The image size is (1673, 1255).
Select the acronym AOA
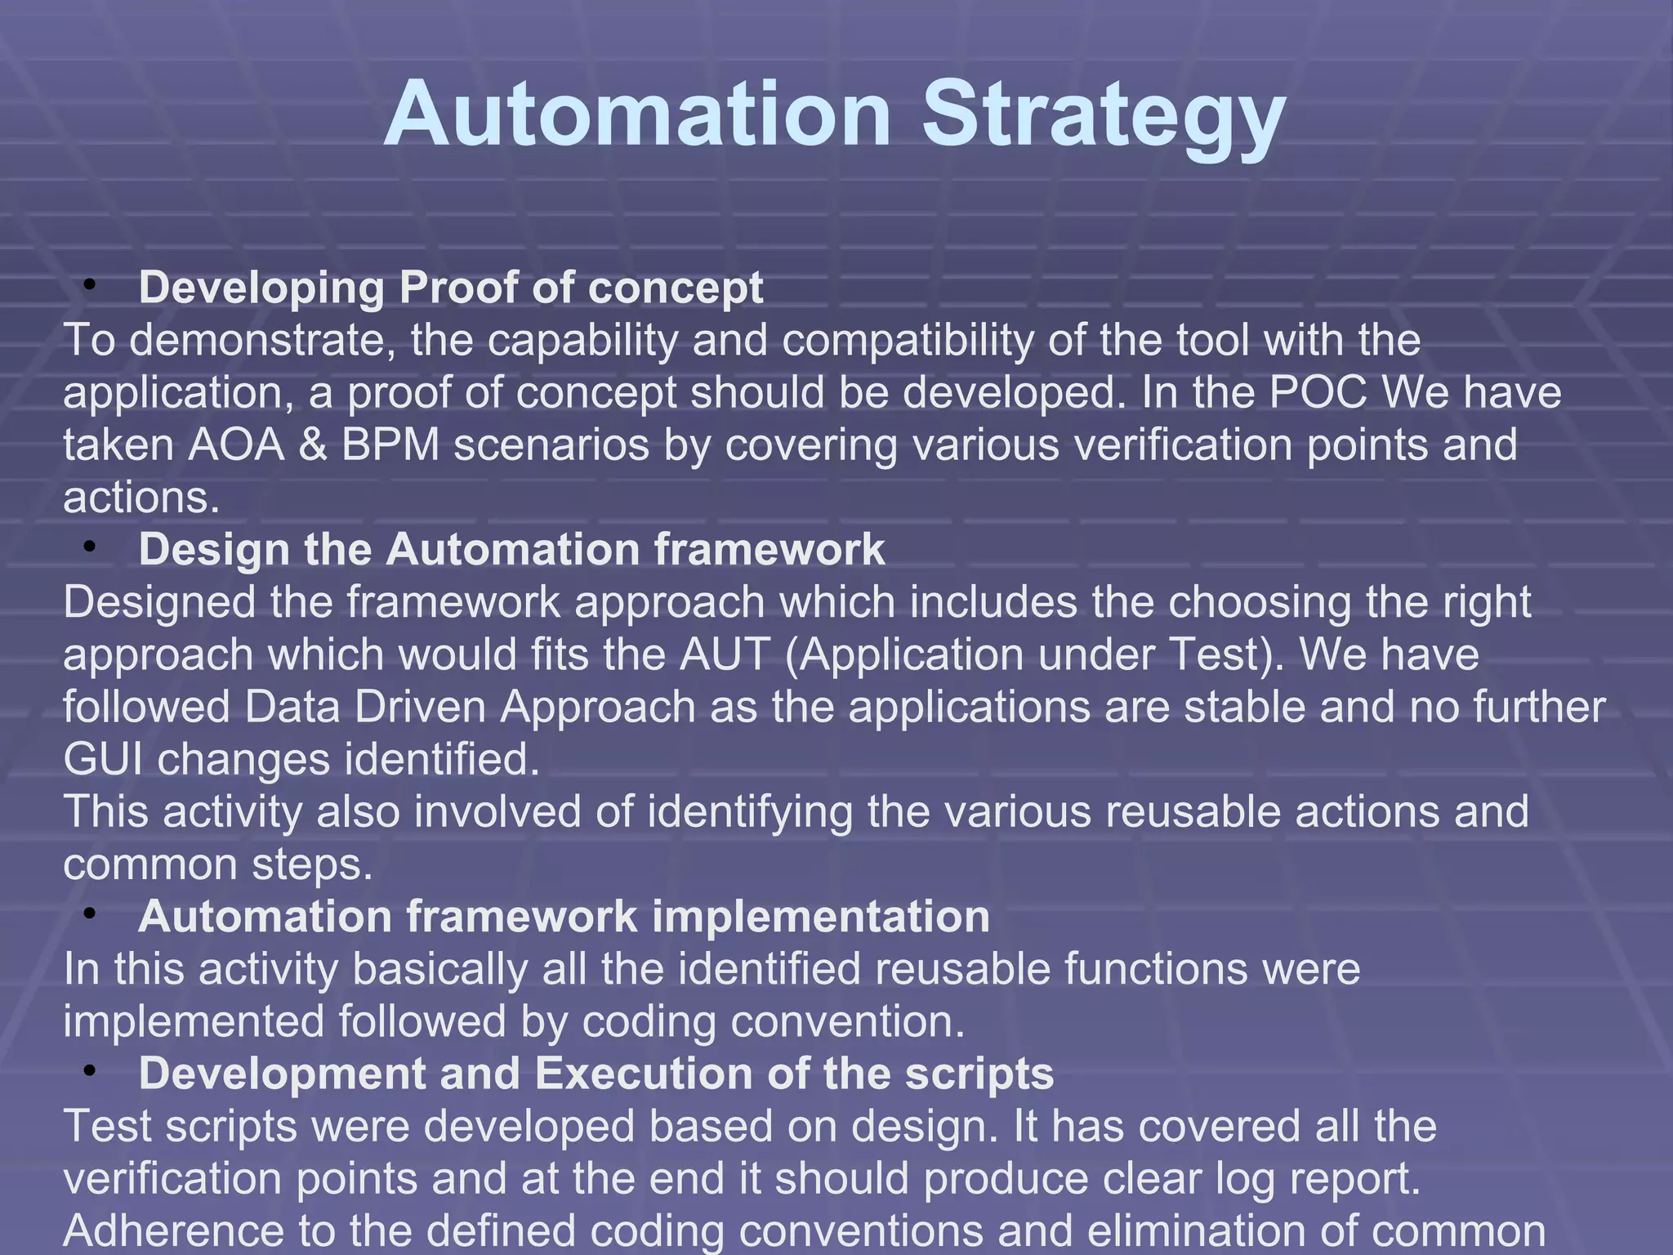click(x=237, y=444)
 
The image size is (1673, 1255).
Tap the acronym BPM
click(x=390, y=444)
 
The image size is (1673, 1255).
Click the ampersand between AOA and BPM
click(x=313, y=444)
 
